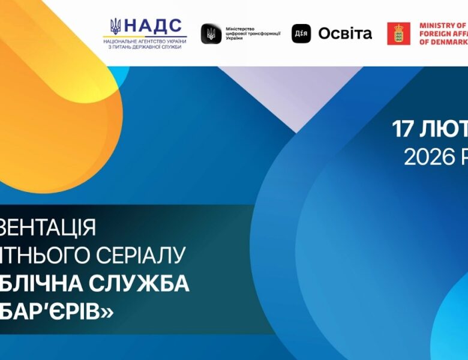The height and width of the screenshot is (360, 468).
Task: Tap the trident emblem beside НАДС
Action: (x=115, y=26)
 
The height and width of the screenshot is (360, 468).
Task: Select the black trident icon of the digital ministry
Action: (x=209, y=34)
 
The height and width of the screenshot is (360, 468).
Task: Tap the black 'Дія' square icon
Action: (x=301, y=34)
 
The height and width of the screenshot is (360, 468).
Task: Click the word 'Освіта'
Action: (x=345, y=34)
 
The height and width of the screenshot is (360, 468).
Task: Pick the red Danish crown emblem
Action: (x=399, y=34)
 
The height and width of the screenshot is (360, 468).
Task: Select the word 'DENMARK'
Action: (x=448, y=42)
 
